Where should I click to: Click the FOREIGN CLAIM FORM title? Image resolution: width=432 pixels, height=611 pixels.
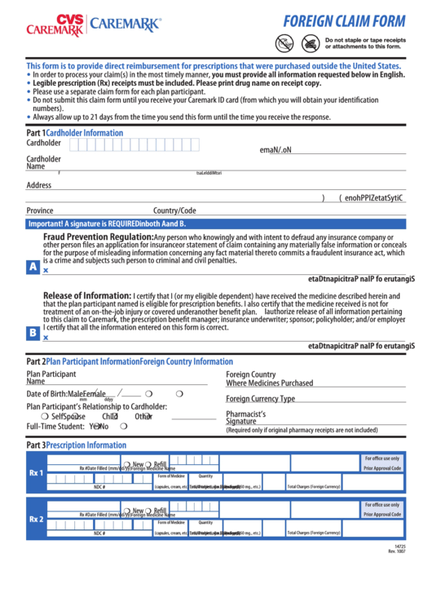point(343,22)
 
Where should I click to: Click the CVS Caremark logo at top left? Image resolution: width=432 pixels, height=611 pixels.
point(55,26)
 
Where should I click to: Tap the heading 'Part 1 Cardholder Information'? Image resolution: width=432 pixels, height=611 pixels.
point(75,132)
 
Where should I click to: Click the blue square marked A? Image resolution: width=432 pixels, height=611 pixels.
point(33,267)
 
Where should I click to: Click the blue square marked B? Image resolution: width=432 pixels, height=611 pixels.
point(33,333)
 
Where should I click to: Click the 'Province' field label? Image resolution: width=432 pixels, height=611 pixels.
point(40,210)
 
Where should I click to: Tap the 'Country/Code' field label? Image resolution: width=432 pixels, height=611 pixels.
point(174,210)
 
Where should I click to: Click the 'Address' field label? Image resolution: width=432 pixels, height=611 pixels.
point(38,185)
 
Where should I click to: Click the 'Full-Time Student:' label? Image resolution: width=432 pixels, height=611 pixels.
point(55,426)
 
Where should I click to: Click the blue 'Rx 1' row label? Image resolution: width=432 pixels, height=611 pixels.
point(36,473)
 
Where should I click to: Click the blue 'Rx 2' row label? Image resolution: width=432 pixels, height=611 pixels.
point(36,519)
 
